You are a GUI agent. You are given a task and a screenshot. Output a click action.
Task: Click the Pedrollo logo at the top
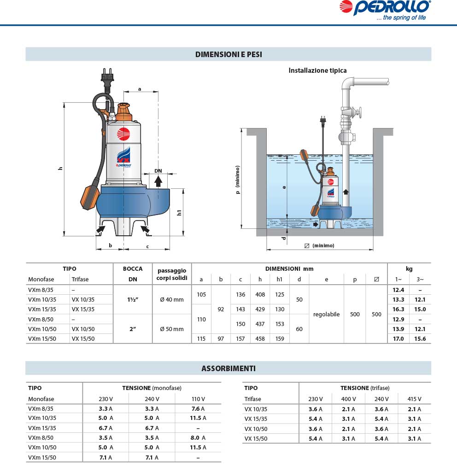[391, 9]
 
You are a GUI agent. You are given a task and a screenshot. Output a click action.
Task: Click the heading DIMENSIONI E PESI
[228, 54]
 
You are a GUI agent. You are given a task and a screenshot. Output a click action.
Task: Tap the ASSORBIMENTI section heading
[228, 368]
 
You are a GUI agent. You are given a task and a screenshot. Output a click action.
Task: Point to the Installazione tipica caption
[317, 70]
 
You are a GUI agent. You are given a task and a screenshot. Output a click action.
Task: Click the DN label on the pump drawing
[158, 171]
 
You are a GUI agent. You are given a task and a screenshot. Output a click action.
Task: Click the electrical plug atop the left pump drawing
[107, 81]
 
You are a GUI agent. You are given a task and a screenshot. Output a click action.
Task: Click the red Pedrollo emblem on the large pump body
[123, 134]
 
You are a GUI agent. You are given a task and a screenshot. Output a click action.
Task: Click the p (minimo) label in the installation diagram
[238, 180]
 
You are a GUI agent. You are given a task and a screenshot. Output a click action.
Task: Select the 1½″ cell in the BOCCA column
[133, 299]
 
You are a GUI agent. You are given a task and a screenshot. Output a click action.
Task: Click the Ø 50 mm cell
[171, 329]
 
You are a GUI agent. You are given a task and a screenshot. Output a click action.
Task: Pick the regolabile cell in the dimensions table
[326, 315]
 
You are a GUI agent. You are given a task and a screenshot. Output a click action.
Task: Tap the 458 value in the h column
[260, 339]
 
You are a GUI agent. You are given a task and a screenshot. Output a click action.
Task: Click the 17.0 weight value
[398, 339]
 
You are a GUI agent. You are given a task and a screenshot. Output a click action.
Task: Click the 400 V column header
[348, 399]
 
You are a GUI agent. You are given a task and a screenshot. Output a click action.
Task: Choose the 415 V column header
[414, 399]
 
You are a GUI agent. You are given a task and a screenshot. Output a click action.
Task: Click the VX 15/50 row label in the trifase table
[256, 438]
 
